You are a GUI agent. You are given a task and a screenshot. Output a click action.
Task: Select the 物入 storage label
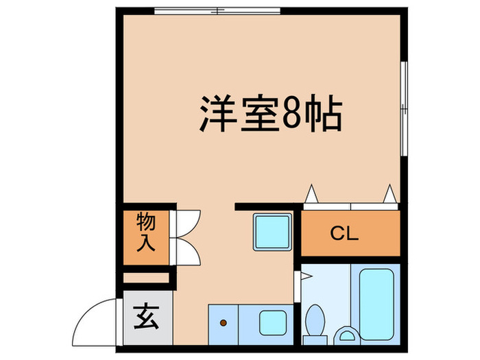point(146,233)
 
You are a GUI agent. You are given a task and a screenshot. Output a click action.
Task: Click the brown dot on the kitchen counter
point(223,322)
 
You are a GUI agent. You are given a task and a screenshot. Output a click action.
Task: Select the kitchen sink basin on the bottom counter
point(272,322)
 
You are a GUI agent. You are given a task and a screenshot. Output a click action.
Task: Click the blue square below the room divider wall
point(272,232)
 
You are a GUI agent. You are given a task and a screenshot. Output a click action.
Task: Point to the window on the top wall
point(217,10)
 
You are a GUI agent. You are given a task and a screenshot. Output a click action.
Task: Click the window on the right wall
point(404,106)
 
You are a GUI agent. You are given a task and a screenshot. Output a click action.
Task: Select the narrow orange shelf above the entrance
point(146,278)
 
